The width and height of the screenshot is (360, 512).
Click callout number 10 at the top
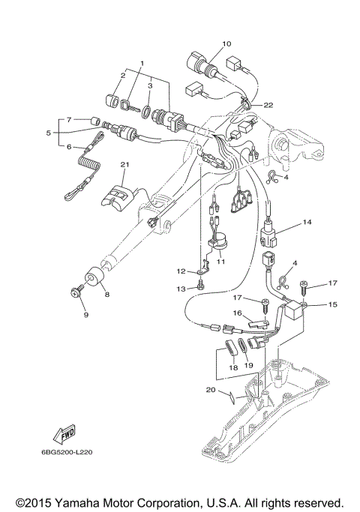click(x=226, y=43)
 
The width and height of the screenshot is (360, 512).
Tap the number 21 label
click(x=125, y=163)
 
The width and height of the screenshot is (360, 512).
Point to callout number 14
click(x=306, y=223)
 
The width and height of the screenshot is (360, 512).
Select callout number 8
click(x=106, y=295)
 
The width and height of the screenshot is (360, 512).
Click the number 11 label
click(x=220, y=262)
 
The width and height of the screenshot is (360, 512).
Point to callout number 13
click(x=180, y=288)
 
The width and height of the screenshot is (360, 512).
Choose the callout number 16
click(x=236, y=313)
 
